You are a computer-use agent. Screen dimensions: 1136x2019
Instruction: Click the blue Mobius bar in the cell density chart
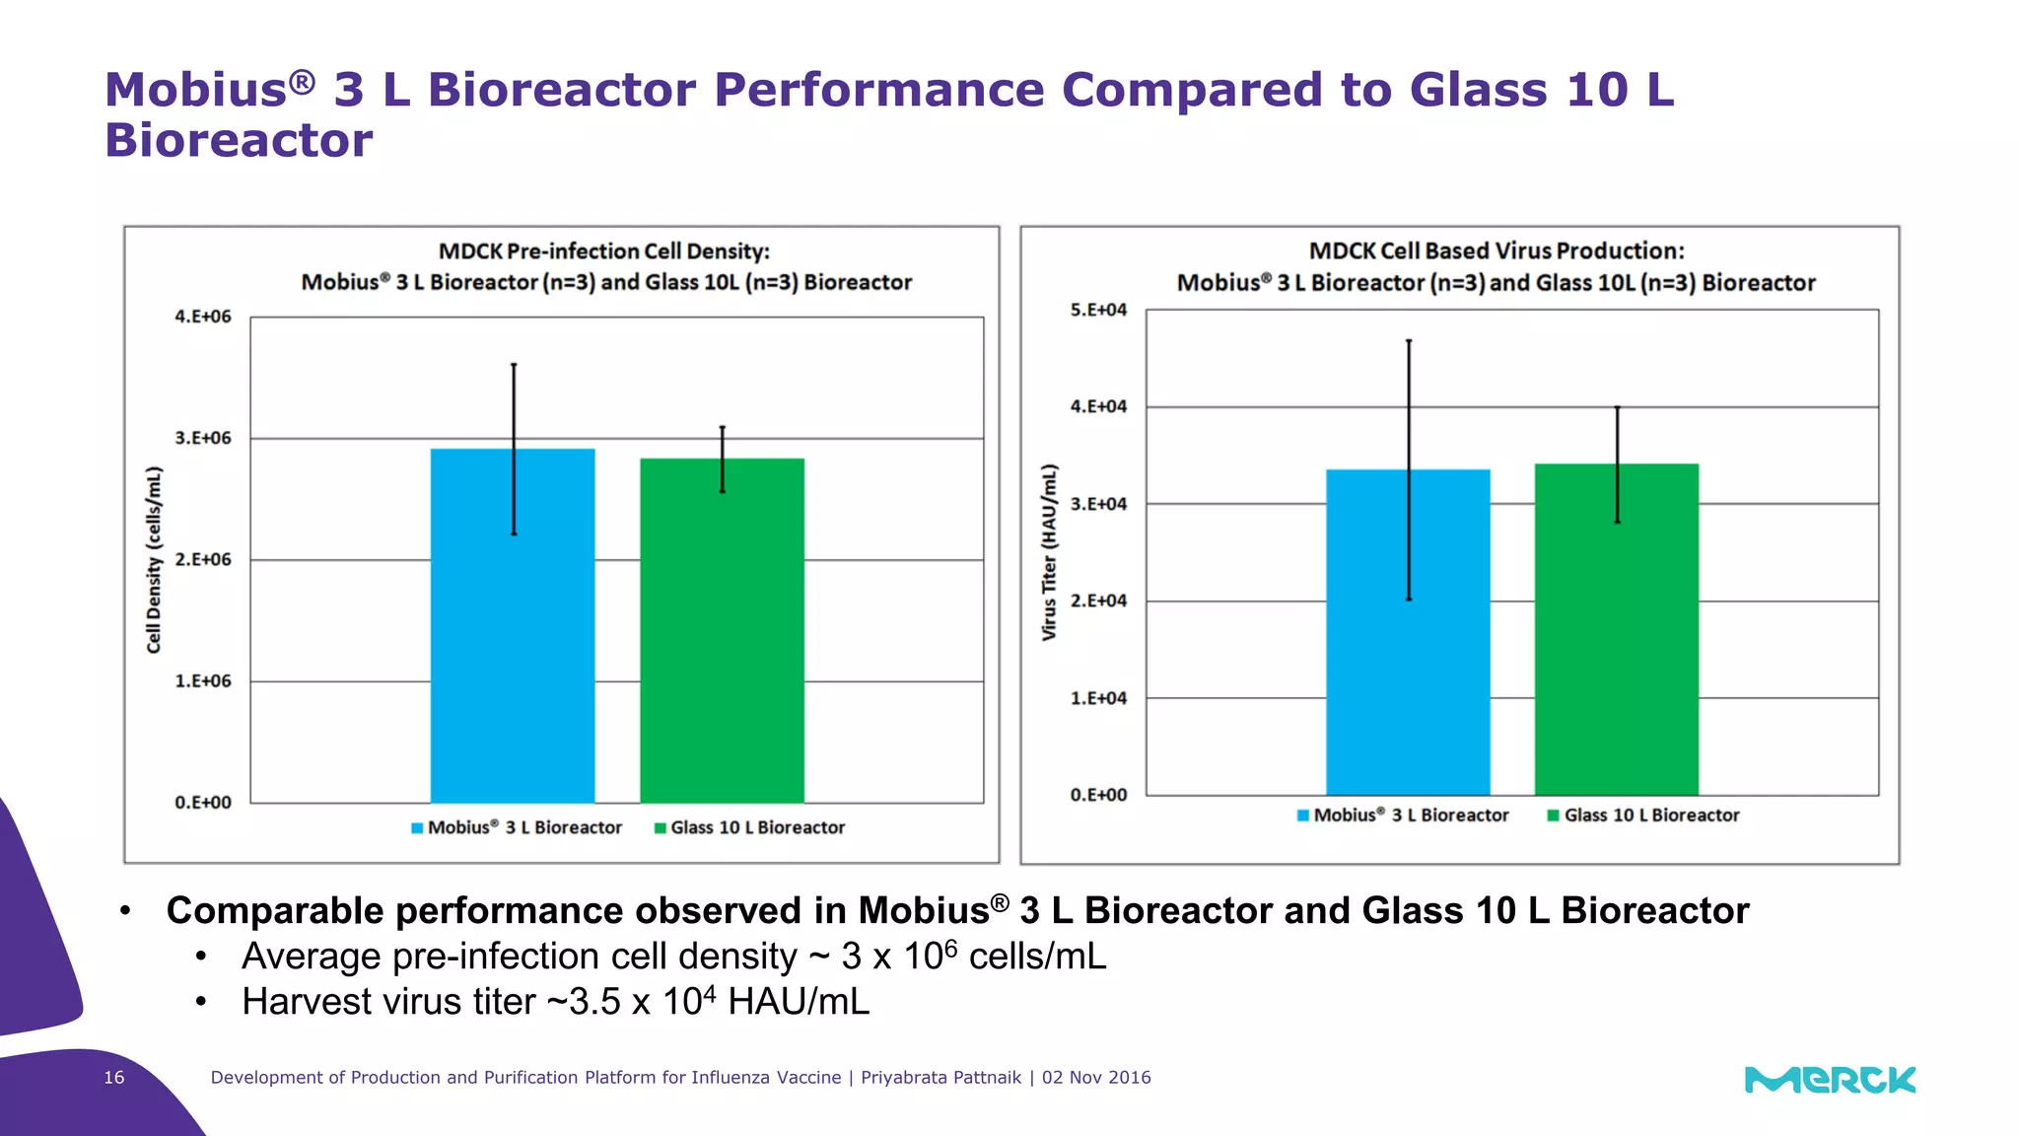click(x=473, y=641)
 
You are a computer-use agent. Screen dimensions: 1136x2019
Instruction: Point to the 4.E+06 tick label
click(x=202, y=317)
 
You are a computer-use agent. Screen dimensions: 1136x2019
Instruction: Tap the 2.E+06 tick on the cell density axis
click(x=202, y=559)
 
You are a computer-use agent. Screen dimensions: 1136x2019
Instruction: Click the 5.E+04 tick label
click(x=1098, y=310)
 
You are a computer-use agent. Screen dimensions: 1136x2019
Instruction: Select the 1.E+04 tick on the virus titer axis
click(x=1098, y=698)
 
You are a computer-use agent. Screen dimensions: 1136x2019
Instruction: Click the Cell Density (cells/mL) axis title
click(x=154, y=559)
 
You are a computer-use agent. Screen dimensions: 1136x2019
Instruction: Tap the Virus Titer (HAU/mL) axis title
click(x=1049, y=552)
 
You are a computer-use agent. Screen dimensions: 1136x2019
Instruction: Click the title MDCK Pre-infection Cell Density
click(x=604, y=251)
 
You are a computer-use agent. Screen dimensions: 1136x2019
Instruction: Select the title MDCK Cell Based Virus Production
click(x=1496, y=250)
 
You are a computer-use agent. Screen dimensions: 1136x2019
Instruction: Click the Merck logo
click(x=1830, y=1080)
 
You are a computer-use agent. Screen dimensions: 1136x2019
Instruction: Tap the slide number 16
click(x=114, y=1078)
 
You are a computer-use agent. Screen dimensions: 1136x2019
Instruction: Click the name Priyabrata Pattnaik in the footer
click(x=940, y=1078)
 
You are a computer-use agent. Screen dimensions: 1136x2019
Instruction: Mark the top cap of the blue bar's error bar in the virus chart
click(x=1409, y=341)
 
